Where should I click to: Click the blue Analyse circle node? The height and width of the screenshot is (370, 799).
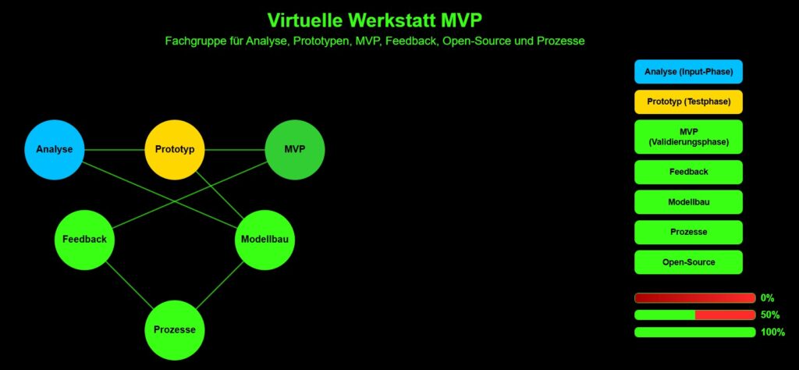pos(55,150)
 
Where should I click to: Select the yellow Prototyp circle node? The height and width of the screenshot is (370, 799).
pos(175,150)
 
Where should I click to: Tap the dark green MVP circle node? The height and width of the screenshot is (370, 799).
pos(295,150)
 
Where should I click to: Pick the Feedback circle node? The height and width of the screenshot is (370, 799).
pos(84,240)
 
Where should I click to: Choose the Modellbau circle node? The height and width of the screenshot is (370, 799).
pos(265,240)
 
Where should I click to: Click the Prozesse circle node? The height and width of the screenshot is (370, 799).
pos(175,329)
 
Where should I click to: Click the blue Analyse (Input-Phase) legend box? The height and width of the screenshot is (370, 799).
pos(688,72)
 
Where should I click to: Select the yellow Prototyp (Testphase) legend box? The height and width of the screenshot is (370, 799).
pos(688,102)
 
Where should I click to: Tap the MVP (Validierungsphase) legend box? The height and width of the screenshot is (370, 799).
pos(688,137)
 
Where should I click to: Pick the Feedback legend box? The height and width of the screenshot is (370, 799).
pos(688,172)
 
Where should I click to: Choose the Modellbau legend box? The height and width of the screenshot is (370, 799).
pos(688,202)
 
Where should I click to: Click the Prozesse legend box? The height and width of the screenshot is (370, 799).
pos(688,232)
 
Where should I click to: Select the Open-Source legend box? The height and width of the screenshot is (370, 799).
pos(688,262)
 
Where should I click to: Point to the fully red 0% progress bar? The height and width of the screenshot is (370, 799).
pos(695,298)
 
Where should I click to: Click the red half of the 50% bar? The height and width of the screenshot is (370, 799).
pos(725,315)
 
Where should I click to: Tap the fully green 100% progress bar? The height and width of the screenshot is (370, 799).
pos(695,333)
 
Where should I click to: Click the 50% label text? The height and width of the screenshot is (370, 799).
pos(769,315)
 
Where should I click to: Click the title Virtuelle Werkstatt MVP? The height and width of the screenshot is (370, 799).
pos(375,20)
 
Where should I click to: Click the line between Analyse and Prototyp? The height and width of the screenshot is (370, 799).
pos(115,150)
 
